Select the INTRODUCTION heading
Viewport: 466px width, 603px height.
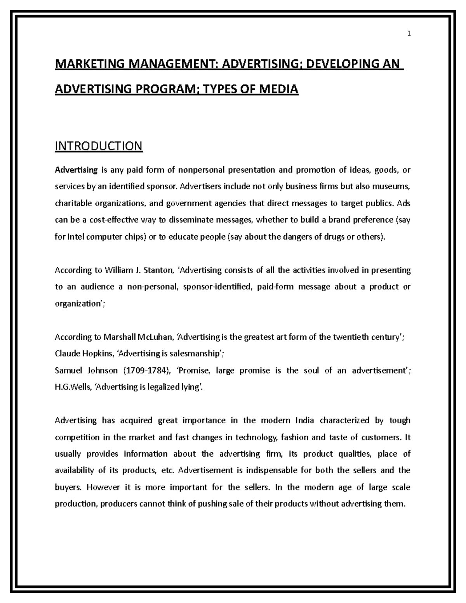click(x=99, y=146)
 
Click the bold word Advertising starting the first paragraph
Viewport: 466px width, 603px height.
click(x=76, y=170)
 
